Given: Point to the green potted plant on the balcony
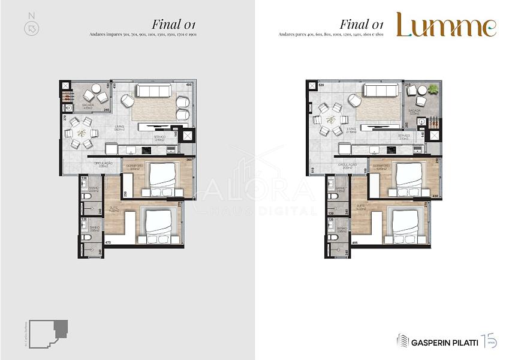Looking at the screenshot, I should [x=433, y=89].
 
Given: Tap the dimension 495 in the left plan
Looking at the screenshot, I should [x=188, y=85].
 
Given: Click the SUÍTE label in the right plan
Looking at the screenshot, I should [x=361, y=205].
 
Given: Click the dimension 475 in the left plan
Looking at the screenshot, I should [x=109, y=242].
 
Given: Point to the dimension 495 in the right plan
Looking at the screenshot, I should [x=355, y=242].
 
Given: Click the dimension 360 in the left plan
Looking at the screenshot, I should [x=188, y=160].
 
